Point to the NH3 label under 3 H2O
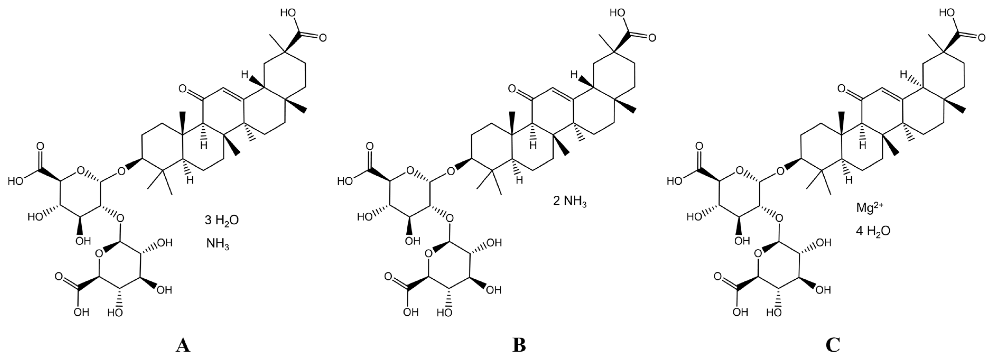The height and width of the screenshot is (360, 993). pos(218,244)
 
